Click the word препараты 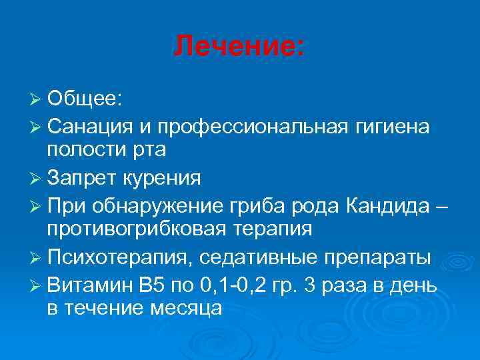point(379,257)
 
